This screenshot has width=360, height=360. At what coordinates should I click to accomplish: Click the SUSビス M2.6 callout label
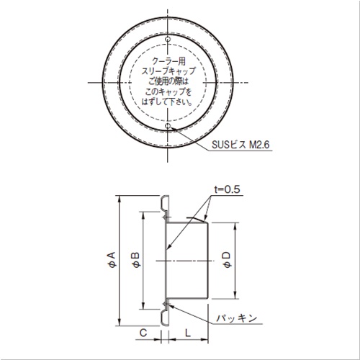coord(240,145)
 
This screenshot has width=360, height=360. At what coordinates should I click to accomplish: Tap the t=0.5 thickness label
coord(227,189)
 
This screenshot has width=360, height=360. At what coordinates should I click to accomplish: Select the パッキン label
coord(237,318)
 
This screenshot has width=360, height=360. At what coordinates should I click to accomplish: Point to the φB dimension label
coord(135,260)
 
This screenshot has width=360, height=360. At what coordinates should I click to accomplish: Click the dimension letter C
coord(143,333)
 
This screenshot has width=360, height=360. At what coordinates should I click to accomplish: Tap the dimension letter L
coord(188,333)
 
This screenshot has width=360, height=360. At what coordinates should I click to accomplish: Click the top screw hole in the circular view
coord(168,39)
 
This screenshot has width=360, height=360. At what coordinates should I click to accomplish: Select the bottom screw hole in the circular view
coord(168,126)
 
